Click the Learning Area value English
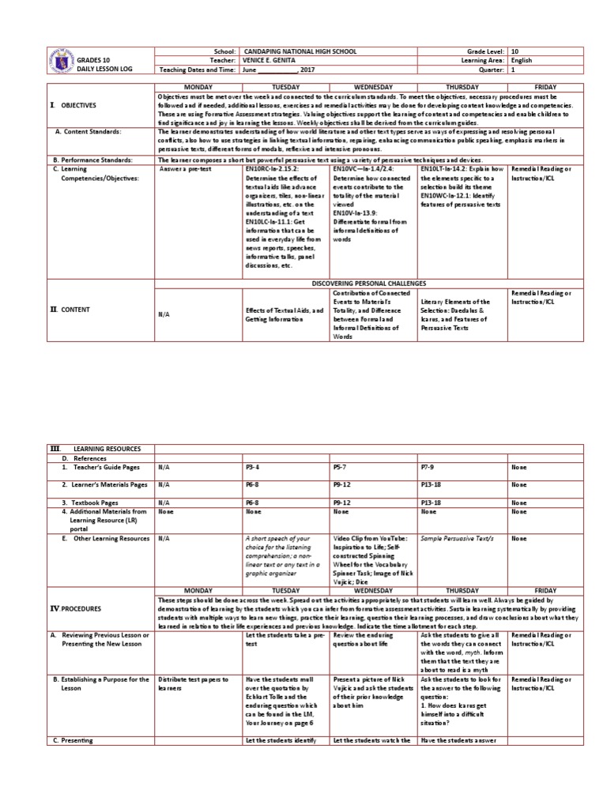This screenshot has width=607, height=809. [522, 60]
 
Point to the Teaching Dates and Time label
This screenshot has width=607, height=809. [197, 70]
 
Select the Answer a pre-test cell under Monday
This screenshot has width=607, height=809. [185, 169]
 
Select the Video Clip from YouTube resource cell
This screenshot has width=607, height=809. [371, 558]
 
